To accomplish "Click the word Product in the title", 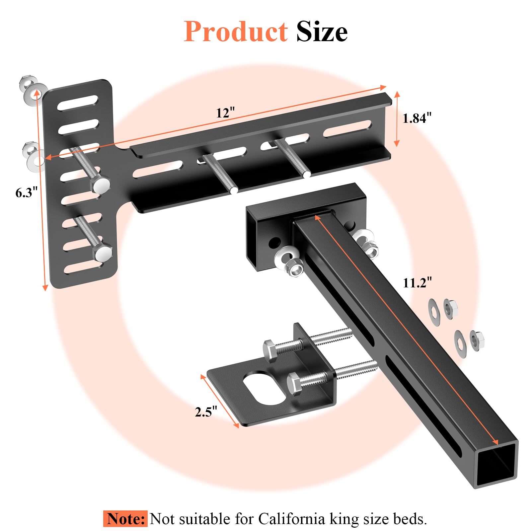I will point(236,32).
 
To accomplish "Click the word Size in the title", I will point(322,32).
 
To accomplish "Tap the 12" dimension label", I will point(225,113).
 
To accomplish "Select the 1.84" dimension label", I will point(417,118).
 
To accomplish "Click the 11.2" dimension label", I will point(417,283).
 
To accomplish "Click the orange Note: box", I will point(125,519).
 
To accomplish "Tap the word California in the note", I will point(292,519).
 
